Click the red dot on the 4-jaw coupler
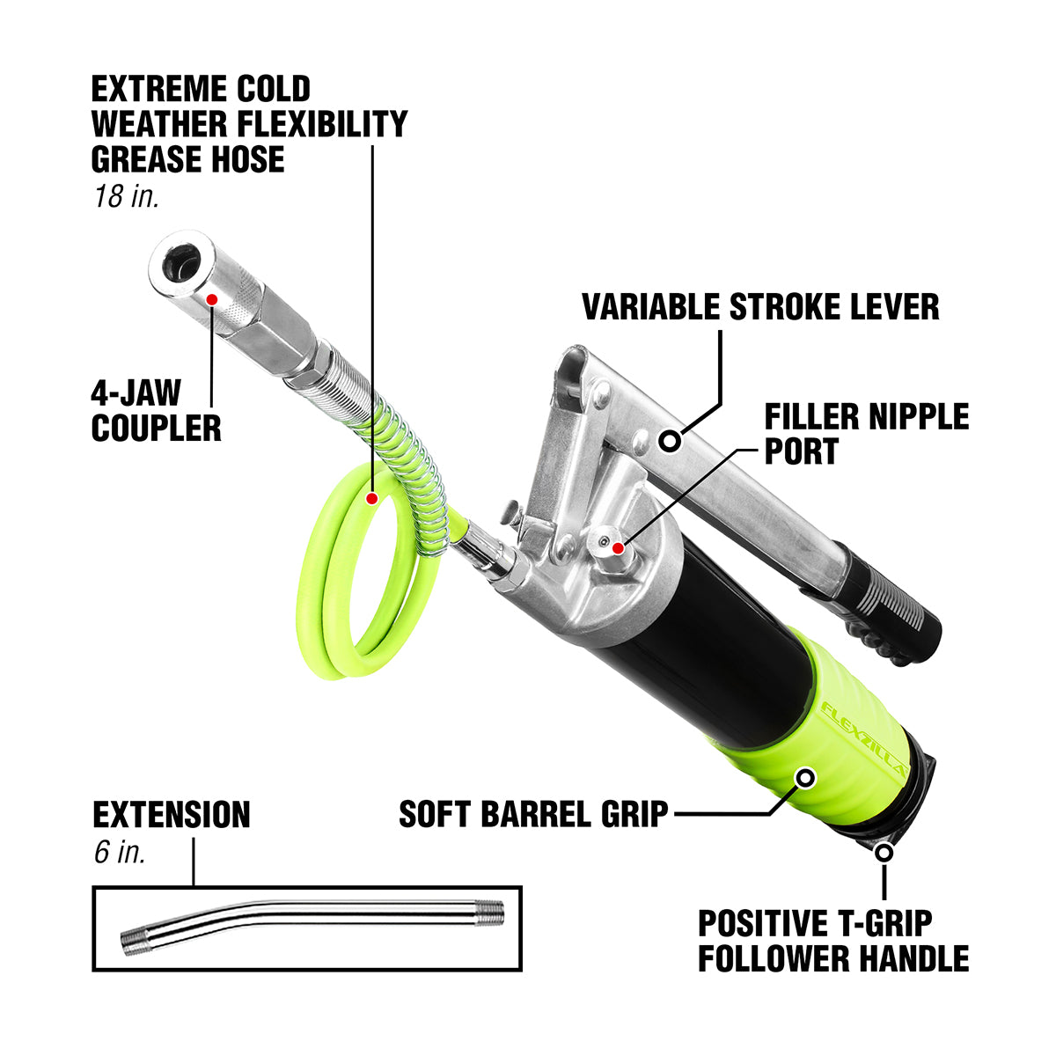coord(211,299)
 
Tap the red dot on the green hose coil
coord(371,499)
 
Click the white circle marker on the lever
coord(671,439)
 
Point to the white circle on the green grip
coord(805,777)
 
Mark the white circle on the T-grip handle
coord(884,852)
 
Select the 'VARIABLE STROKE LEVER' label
coord(760,307)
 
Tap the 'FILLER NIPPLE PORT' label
coord(866,433)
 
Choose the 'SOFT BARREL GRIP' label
coord(533,814)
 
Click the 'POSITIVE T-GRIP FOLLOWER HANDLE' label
coord(832,940)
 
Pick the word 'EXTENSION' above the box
coord(172,815)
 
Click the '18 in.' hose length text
coord(126,195)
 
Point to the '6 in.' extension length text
coord(119,852)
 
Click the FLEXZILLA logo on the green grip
coord(866,730)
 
